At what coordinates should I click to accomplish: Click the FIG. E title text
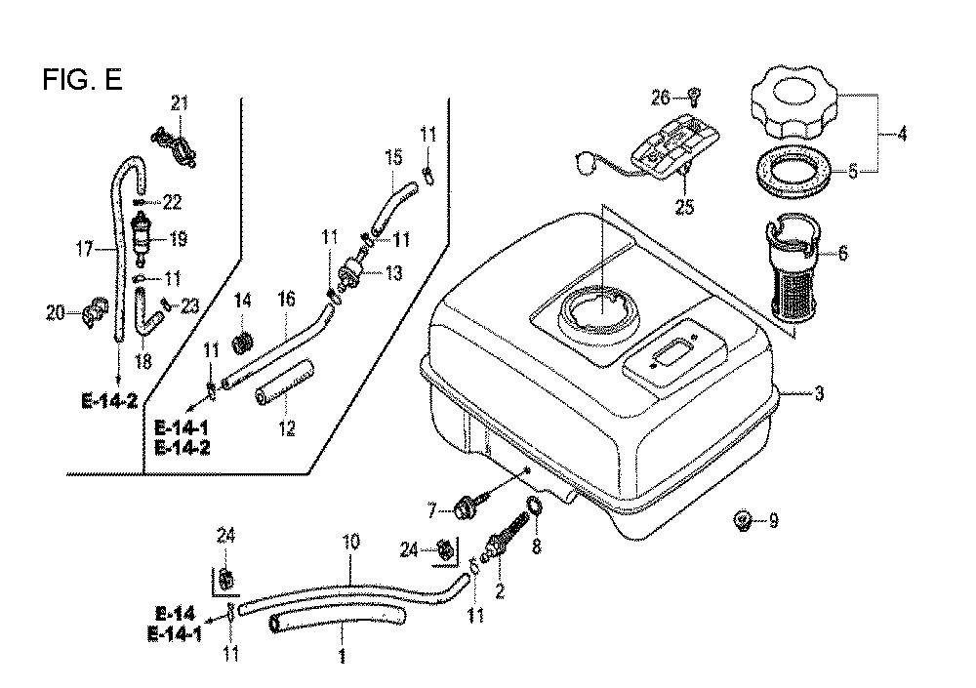83,80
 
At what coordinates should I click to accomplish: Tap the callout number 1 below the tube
343,656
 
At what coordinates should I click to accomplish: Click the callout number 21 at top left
179,103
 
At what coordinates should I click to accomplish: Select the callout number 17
86,249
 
